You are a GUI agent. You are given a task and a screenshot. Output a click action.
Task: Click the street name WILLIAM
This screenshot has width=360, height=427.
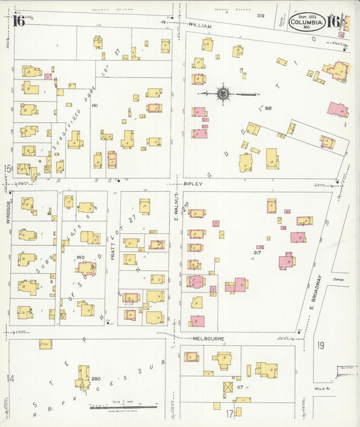pos(200,25)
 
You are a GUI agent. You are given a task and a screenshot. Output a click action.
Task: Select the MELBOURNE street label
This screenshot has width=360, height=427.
pos(209,338)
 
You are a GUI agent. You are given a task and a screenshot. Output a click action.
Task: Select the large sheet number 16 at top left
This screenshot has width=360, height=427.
pos(18,20)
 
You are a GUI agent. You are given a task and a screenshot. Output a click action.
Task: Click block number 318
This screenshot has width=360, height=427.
pos(267,107)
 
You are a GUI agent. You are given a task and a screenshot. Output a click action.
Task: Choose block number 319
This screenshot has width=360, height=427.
pos(260,16)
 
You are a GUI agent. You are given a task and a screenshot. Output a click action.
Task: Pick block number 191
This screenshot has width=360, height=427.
pos(95,105)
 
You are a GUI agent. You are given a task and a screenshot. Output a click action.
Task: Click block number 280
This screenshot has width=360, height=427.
pos(95,378)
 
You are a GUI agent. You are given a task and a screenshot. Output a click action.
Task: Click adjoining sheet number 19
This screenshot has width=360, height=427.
pos(321,345)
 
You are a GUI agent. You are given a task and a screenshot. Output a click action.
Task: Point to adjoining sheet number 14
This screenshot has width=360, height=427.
pos(9,378)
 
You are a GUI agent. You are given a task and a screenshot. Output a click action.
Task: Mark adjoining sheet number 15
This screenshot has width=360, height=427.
pos(7,168)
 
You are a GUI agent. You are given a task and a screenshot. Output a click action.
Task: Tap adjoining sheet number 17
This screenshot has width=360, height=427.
pos(230,412)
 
